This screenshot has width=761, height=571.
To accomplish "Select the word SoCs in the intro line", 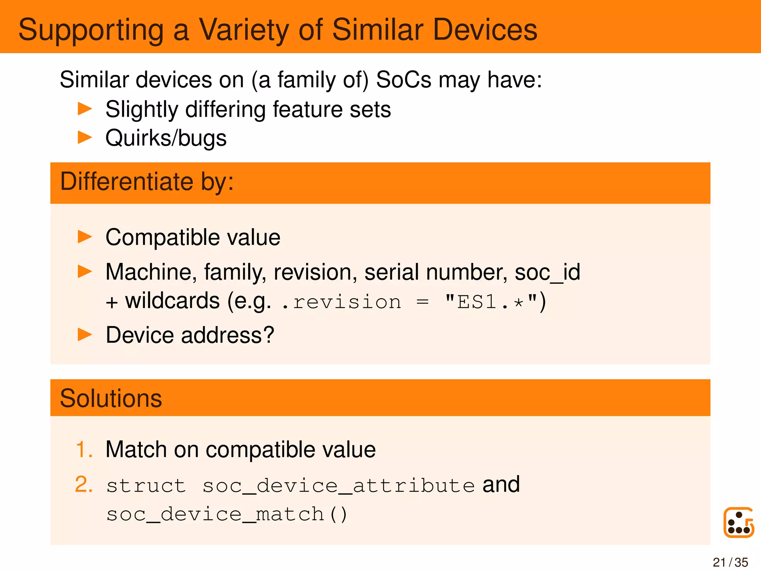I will pyautogui.click(x=404, y=80).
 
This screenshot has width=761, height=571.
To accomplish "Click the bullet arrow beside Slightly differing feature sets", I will pyautogui.click(x=85, y=109).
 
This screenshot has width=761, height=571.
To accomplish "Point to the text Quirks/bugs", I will pyautogui.click(x=166, y=138).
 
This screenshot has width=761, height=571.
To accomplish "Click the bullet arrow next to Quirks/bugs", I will pyautogui.click(x=85, y=138).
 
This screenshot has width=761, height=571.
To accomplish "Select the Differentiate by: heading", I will pyautogui.click(x=147, y=182).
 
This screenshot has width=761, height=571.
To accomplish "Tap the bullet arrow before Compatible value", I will pyautogui.click(x=85, y=237).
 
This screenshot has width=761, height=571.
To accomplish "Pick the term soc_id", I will pyautogui.click(x=547, y=272).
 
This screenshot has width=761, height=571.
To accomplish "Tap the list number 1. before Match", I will pyautogui.click(x=84, y=449).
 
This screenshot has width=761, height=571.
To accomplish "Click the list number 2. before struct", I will pyautogui.click(x=84, y=485).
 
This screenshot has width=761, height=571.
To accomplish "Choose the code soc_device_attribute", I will pyautogui.click(x=339, y=486).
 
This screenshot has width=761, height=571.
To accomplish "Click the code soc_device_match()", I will pyautogui.click(x=227, y=514).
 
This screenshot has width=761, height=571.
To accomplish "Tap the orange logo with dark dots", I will pyautogui.click(x=738, y=522).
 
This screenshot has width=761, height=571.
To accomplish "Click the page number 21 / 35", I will pyautogui.click(x=730, y=562).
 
